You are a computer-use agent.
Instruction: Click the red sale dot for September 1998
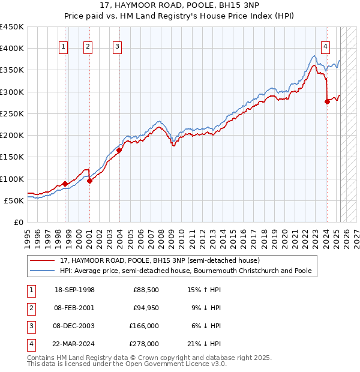65,184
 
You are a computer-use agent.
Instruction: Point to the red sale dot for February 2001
89,181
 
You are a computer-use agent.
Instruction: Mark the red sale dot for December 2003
119,150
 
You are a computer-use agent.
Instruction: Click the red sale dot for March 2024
327,101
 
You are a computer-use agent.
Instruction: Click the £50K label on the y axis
14,200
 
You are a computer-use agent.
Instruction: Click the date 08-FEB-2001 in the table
74,308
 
